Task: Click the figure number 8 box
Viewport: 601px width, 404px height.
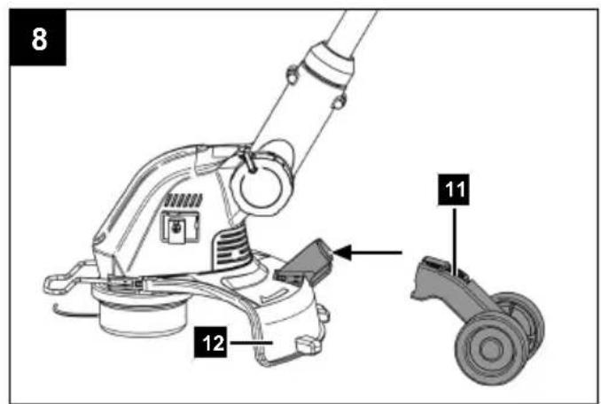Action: (x=38, y=37)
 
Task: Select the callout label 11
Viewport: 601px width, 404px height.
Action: (x=454, y=190)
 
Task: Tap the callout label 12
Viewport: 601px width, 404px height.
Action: (x=210, y=342)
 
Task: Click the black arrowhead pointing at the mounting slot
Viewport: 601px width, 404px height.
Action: (x=343, y=252)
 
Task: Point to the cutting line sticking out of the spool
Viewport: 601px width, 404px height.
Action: (x=73, y=312)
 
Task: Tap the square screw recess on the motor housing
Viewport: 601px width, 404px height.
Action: (x=178, y=227)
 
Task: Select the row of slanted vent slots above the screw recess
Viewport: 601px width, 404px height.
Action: (x=183, y=200)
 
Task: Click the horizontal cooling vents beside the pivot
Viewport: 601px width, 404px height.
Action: (x=230, y=245)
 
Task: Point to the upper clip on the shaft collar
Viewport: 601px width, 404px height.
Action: (x=292, y=74)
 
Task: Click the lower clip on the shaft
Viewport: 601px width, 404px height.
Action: (x=338, y=102)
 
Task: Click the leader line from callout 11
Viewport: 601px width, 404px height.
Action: (x=455, y=240)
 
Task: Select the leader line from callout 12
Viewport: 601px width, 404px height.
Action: (x=249, y=342)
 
